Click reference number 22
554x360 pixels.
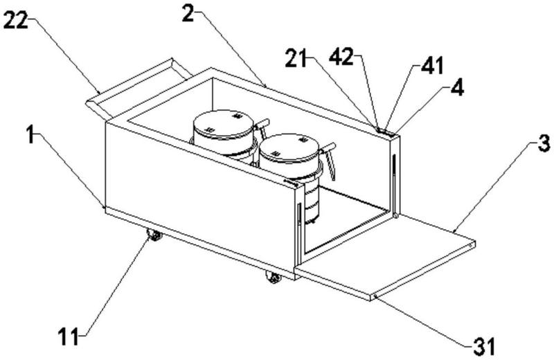point(16,21)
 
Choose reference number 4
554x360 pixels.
point(439,89)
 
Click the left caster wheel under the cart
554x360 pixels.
point(154,236)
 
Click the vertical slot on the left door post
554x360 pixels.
point(299,215)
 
